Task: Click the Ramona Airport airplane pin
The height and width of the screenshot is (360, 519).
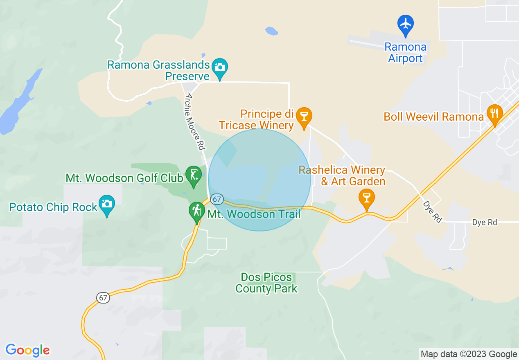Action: click(x=406, y=24)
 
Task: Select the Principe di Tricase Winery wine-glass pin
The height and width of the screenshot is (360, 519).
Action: click(x=304, y=117)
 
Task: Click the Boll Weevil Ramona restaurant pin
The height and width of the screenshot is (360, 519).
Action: click(x=494, y=114)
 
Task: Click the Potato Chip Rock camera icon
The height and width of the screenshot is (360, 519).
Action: click(x=107, y=204)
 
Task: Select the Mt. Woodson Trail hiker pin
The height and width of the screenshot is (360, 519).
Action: click(x=197, y=211)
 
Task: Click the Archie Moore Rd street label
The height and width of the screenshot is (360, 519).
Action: click(x=194, y=121)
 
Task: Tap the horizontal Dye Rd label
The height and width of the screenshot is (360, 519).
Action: click(x=485, y=223)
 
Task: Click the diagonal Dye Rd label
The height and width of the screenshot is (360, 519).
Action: click(x=432, y=212)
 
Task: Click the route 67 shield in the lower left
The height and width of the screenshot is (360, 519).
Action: click(x=103, y=298)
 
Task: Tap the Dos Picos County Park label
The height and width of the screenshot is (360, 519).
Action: click(x=266, y=283)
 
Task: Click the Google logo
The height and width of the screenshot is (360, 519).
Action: click(x=27, y=350)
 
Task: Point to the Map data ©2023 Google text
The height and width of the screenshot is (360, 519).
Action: click(x=469, y=354)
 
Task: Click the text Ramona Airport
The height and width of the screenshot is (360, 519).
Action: click(x=405, y=53)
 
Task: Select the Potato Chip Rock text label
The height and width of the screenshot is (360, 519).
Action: click(x=53, y=207)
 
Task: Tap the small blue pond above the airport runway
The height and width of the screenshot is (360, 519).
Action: click(x=271, y=31)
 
